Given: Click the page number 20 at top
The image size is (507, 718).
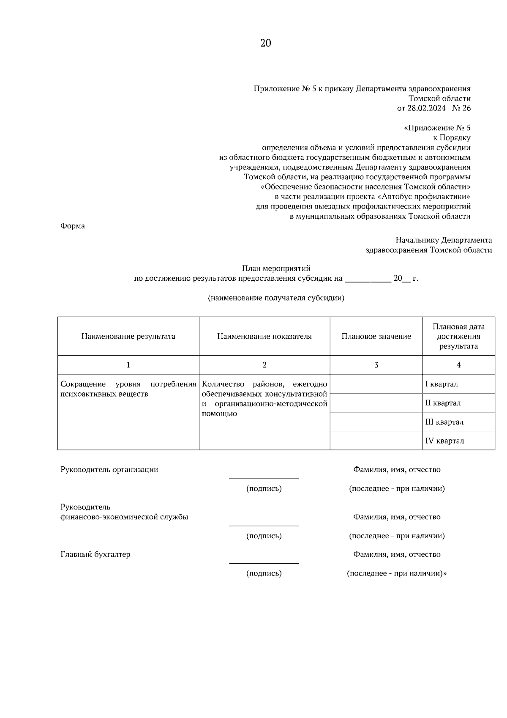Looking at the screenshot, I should [x=265, y=43].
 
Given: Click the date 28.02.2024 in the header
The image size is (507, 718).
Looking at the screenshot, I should [x=426, y=108].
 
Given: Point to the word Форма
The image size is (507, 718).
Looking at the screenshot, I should [x=73, y=226].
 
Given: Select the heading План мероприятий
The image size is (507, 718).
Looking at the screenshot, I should [x=276, y=269].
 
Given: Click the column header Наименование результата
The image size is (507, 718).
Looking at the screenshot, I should [x=128, y=337].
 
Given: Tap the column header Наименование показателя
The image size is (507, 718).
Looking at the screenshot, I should [x=264, y=337].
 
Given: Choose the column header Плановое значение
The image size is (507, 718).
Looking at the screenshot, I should [x=376, y=337].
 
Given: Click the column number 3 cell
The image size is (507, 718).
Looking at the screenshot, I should [x=376, y=365].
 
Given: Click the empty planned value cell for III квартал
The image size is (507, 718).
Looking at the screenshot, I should [x=376, y=422].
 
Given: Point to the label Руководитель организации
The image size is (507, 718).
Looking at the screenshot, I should [x=109, y=470].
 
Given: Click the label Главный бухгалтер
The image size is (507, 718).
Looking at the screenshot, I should [x=95, y=554].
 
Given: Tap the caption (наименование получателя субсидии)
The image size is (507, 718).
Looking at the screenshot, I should [x=276, y=299].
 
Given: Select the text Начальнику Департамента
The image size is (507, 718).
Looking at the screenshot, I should [x=444, y=240].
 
